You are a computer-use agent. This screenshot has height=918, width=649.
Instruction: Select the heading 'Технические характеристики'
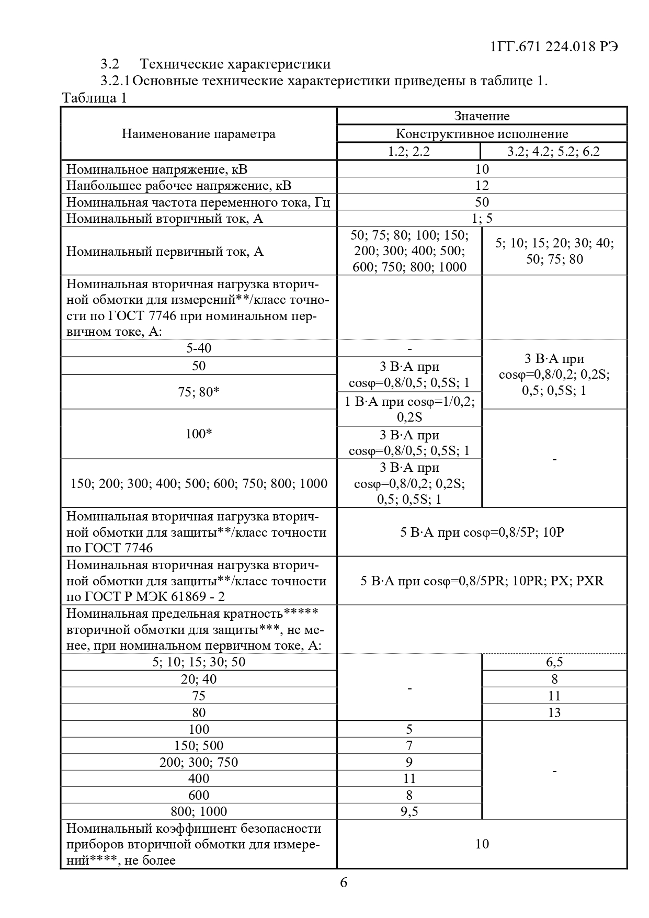point(235,64)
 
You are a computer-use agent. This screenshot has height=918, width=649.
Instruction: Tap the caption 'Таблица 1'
point(94,98)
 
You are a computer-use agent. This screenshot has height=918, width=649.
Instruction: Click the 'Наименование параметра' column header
point(199,134)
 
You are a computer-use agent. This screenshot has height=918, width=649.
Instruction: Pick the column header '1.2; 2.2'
point(409,151)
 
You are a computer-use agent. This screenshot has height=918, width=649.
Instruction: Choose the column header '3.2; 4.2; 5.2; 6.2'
point(554,151)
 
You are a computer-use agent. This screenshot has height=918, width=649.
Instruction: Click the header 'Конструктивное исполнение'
point(482,134)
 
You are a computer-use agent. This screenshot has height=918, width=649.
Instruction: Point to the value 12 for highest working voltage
point(482,185)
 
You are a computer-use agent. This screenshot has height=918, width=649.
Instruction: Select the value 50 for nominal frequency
point(482,202)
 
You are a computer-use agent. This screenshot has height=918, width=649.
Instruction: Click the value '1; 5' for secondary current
point(482,218)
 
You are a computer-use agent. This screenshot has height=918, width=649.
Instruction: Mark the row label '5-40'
point(199,348)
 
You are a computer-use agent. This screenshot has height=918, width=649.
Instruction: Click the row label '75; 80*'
point(199,392)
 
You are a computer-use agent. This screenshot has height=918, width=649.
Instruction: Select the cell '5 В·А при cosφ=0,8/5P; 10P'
point(482,532)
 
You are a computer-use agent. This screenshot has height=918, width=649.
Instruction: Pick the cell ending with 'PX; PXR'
point(482,581)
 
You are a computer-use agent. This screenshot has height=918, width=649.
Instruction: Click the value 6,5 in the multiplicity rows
point(554,662)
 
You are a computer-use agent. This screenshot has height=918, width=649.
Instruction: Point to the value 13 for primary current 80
point(554,712)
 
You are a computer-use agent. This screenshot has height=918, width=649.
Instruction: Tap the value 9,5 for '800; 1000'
point(409,812)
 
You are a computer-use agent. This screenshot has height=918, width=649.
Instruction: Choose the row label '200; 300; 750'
point(199,762)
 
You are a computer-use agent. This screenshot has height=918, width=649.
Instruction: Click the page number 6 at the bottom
point(344,883)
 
